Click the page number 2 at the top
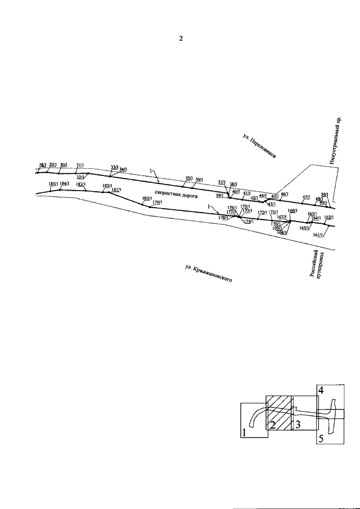[x=181, y=39]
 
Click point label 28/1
[x=42, y=165]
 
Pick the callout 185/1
[x=53, y=184]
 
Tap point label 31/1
[x=79, y=164]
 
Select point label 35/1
[x=189, y=178]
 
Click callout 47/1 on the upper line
[x=306, y=197]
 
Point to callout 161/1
[x=316, y=235]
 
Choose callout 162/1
[x=329, y=217]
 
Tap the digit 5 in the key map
[x=321, y=439]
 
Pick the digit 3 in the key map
[x=298, y=424]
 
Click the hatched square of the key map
[x=278, y=412]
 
